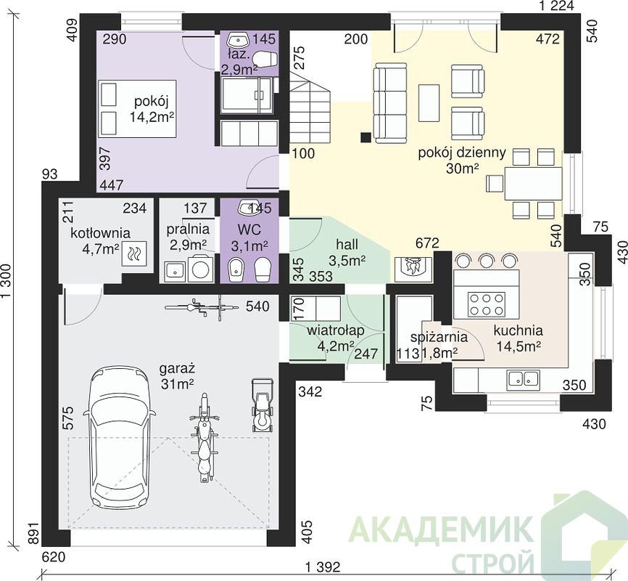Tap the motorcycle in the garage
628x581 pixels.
pos(205,438)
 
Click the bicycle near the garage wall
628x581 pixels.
pos(202,307)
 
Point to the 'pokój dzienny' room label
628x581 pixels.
pos(462,153)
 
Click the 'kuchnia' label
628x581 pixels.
pos(518,330)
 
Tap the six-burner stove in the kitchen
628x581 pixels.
pos(487,304)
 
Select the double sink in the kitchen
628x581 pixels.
pos(523,378)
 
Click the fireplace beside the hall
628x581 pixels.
pos(413,268)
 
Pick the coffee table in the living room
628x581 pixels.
pos(429,102)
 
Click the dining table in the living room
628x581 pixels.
pos(533,183)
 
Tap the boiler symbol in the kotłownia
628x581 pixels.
pos(135,253)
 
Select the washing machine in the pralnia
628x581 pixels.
pos(200,269)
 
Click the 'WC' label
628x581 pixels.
pos(249,229)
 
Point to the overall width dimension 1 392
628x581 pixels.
pos(323,567)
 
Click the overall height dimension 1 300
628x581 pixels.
pos(7,284)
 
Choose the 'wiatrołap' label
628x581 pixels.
pos(336,330)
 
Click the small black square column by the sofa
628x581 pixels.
pos(365,137)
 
